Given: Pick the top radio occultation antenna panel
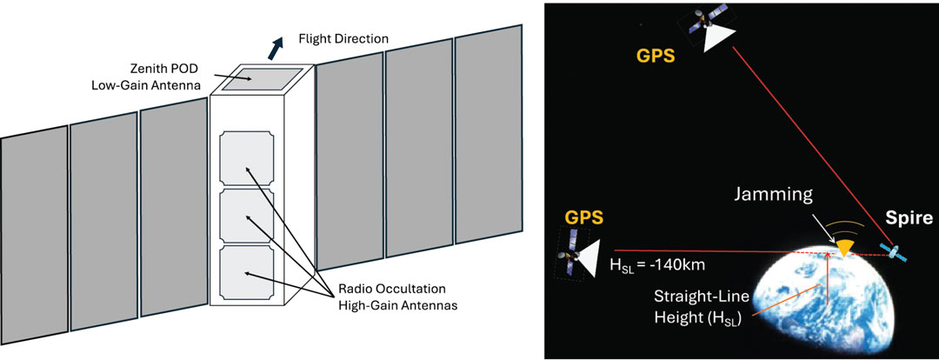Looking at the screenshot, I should (247, 159).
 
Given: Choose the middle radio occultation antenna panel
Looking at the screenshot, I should (247, 217).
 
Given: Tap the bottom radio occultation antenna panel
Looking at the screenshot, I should (247, 273).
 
